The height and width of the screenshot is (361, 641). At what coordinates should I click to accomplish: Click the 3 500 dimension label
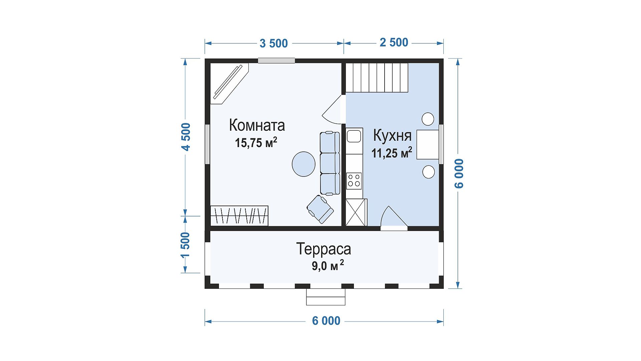tap(274, 43)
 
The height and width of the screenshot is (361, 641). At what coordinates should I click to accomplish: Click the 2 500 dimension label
tap(394, 42)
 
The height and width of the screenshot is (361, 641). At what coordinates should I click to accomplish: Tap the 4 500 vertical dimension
tap(186, 137)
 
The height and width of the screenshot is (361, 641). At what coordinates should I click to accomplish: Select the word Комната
tap(257, 125)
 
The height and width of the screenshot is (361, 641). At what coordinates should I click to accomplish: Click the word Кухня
tap(392, 135)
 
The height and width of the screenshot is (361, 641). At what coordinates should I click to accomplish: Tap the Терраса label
tap(324, 249)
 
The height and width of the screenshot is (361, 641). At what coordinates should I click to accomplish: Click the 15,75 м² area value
tap(256, 143)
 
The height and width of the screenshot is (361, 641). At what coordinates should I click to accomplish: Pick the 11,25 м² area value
tap(392, 153)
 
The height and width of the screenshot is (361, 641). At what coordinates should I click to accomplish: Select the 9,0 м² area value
tap(328, 266)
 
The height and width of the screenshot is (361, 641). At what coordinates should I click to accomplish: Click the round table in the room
tap(303, 164)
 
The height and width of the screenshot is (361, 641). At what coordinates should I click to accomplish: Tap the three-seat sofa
tap(330, 163)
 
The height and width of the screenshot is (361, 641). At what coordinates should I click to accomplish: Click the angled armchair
tap(320, 209)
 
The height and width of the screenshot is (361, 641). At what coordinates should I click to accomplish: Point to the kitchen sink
tap(354, 136)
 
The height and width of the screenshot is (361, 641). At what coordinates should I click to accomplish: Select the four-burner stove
tap(354, 181)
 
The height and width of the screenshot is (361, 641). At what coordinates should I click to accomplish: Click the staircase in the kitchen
tap(377, 78)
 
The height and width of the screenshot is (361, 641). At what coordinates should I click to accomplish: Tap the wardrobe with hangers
tap(239, 216)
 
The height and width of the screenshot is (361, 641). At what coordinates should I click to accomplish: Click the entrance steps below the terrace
tap(326, 297)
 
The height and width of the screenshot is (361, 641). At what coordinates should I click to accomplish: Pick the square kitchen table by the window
tap(427, 145)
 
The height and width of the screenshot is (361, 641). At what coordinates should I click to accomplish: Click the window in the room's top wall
tap(276, 61)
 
